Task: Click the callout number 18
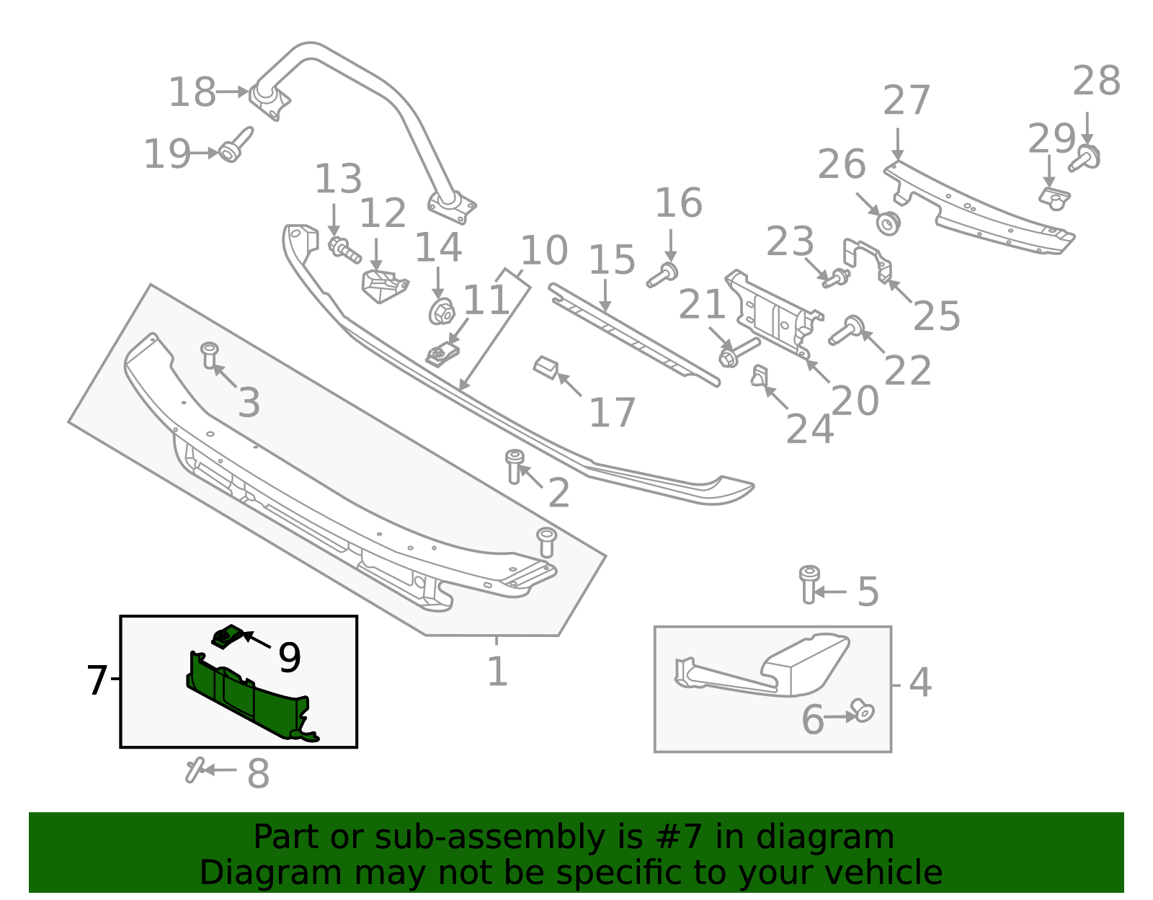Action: coord(192,93)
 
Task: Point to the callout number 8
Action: coord(258,774)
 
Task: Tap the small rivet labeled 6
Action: coord(862,710)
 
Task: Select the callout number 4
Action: coord(920,682)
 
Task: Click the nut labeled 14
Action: coord(440,311)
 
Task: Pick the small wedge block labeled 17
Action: coord(546,367)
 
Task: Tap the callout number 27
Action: coord(907,101)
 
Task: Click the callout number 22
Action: coord(907,371)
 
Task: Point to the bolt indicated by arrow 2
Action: coord(515,465)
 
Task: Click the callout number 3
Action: coord(249,403)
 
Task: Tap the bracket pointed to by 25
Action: coord(868,258)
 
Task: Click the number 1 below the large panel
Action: coord(497,672)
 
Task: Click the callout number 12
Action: coord(383,214)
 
